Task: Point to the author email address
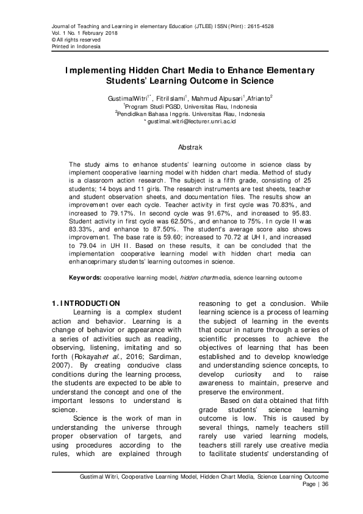[192, 121]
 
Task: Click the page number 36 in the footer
[325, 484]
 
